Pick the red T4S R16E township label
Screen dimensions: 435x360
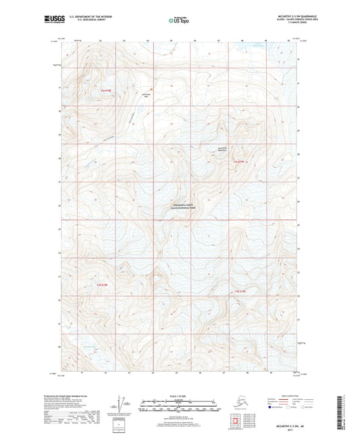click(x=242, y=291)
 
